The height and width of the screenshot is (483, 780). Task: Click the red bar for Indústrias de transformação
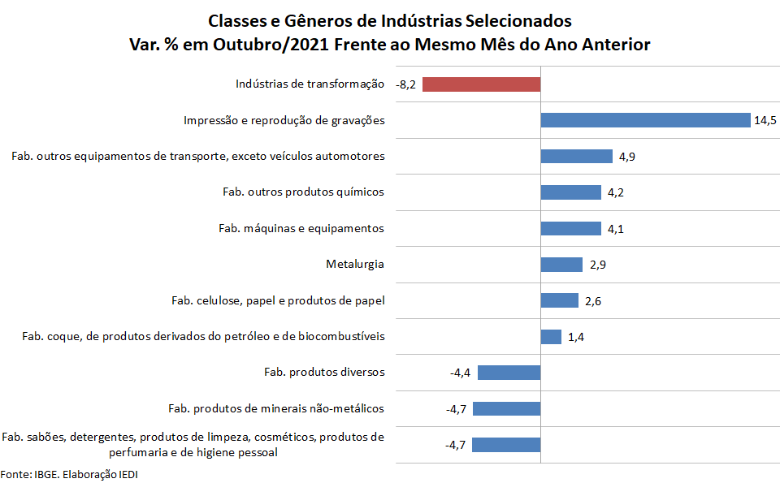pyautogui.click(x=481, y=84)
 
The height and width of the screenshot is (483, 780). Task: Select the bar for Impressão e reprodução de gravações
pyautogui.click(x=645, y=120)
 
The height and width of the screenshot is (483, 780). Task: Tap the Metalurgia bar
pyautogui.click(x=561, y=265)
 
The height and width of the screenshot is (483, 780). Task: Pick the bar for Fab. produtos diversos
pyautogui.click(x=509, y=373)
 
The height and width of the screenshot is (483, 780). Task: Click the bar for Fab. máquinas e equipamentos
pyautogui.click(x=571, y=229)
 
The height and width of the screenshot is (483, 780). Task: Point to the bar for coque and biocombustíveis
pyautogui.click(x=551, y=337)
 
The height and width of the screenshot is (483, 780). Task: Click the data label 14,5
pyautogui.click(x=765, y=121)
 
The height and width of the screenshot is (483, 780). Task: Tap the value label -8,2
pyautogui.click(x=406, y=84)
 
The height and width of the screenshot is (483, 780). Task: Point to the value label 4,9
pyautogui.click(x=626, y=157)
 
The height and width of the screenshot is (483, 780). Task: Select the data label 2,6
pyautogui.click(x=593, y=301)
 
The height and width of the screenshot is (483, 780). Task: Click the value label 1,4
pyautogui.click(x=576, y=337)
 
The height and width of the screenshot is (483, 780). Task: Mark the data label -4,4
pyautogui.click(x=461, y=373)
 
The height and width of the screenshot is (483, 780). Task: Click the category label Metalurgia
pyautogui.click(x=355, y=265)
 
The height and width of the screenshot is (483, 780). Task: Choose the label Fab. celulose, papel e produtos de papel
pyautogui.click(x=278, y=301)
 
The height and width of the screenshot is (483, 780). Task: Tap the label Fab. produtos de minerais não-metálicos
pyautogui.click(x=276, y=408)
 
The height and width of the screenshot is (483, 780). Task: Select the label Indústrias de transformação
pyautogui.click(x=310, y=84)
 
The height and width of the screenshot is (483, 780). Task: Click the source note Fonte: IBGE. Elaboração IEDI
pyautogui.click(x=63, y=474)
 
